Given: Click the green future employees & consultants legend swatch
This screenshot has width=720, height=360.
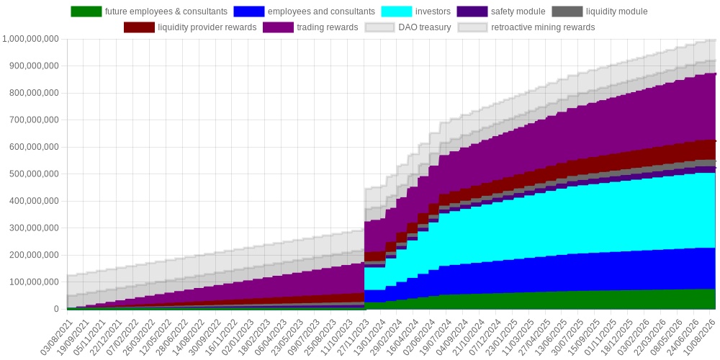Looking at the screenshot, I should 86,12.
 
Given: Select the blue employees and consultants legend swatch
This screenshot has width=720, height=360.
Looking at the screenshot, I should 249,12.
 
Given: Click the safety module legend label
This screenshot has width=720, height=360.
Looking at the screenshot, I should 518,12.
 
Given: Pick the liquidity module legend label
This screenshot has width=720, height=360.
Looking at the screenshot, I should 616,12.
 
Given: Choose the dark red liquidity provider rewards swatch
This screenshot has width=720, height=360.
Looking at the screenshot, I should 139,27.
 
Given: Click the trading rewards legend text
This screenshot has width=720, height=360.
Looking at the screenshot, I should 327,27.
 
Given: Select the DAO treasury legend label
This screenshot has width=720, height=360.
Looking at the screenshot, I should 425,27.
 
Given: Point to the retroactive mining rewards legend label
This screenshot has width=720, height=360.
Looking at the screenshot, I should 543,27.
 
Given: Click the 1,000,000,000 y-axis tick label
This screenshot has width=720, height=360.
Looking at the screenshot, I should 31,39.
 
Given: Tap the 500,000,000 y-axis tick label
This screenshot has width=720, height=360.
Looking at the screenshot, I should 34,174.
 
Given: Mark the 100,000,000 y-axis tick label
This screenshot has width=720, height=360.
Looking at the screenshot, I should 34,282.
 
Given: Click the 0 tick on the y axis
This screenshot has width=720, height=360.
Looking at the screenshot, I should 55,309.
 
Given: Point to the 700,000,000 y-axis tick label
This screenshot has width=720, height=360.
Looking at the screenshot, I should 34,120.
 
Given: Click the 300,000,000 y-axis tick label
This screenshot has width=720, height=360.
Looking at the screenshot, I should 34,228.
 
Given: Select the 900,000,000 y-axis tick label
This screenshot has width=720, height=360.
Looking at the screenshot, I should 34,66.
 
